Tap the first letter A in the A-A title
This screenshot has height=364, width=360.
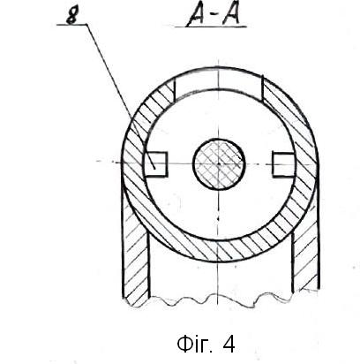coord(197,15)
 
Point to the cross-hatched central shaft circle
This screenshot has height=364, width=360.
coord(219,164)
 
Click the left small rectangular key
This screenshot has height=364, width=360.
coord(156,164)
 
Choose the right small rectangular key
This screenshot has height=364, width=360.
coord(283,164)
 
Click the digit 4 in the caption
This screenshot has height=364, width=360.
coord(229,344)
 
